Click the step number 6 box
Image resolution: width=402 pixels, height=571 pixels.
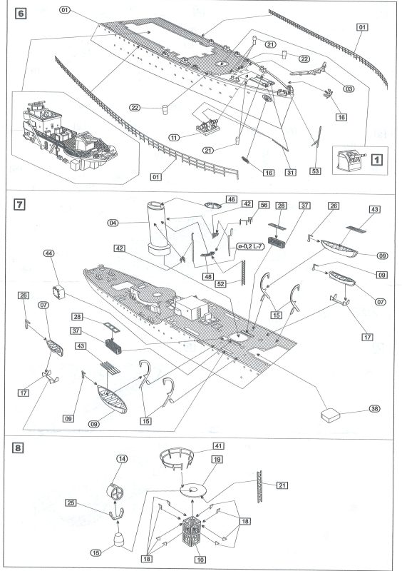21,14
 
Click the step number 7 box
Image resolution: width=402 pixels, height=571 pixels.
19,205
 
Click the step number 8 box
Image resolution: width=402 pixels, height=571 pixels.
18,448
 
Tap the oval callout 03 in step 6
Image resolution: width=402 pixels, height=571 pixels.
349,89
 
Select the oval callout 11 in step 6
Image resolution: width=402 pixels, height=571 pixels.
174,138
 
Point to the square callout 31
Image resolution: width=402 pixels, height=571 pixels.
290,172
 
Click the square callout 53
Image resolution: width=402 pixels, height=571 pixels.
316,171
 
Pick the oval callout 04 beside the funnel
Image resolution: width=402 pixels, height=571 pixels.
113,223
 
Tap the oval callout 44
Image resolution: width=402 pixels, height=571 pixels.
49,253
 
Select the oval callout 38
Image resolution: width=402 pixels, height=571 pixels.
375,408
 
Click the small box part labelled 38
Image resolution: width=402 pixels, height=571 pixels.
330,415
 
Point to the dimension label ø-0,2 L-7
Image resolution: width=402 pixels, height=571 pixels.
251,246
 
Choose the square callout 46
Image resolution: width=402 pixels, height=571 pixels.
232,199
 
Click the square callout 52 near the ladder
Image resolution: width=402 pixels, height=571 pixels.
221,283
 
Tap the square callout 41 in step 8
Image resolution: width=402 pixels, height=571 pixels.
218,446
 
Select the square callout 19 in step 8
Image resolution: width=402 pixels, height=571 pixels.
217,460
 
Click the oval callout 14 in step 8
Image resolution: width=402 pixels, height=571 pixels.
122,459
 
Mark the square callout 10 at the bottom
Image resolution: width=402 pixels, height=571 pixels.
200,560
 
